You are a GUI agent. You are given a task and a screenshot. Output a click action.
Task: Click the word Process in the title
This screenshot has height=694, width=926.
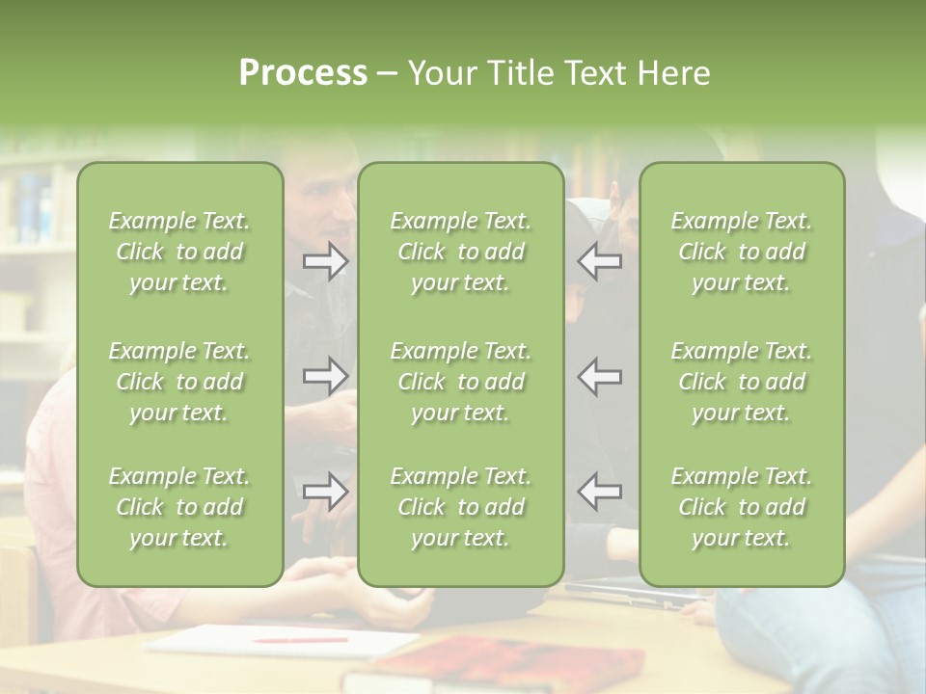point(303,73)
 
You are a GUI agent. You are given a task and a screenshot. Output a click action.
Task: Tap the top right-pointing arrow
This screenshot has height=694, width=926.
point(325,261)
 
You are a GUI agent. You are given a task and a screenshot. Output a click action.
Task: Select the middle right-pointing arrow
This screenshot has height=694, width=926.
point(325,376)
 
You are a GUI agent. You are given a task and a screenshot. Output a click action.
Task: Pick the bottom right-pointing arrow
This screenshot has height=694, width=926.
point(325,492)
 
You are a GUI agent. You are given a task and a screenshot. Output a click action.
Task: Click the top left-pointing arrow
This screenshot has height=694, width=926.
point(600,261)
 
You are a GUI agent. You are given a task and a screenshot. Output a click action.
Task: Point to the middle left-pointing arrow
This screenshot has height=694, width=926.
point(600,376)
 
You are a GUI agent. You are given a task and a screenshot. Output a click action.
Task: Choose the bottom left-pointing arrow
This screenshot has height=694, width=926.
point(600,492)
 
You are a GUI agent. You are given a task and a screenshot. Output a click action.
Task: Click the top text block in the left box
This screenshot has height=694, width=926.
point(179,252)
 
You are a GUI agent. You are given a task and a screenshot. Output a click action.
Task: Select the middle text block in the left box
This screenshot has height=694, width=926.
point(179,382)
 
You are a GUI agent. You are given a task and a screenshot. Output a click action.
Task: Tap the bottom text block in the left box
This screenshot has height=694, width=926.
point(179,507)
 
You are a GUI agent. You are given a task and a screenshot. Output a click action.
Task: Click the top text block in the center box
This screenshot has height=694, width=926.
point(460,252)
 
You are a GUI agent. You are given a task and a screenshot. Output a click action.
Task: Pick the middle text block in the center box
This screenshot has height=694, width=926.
point(460,382)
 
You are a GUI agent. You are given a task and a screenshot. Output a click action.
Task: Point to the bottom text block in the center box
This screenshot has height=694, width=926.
point(460,507)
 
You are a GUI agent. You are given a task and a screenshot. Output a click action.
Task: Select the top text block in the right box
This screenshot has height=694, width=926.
point(741,252)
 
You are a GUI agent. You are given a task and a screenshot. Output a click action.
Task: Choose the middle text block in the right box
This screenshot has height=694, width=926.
point(741,382)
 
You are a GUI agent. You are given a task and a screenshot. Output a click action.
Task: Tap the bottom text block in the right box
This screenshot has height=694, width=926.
point(741,507)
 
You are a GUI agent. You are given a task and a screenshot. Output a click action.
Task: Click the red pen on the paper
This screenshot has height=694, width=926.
point(300,639)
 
